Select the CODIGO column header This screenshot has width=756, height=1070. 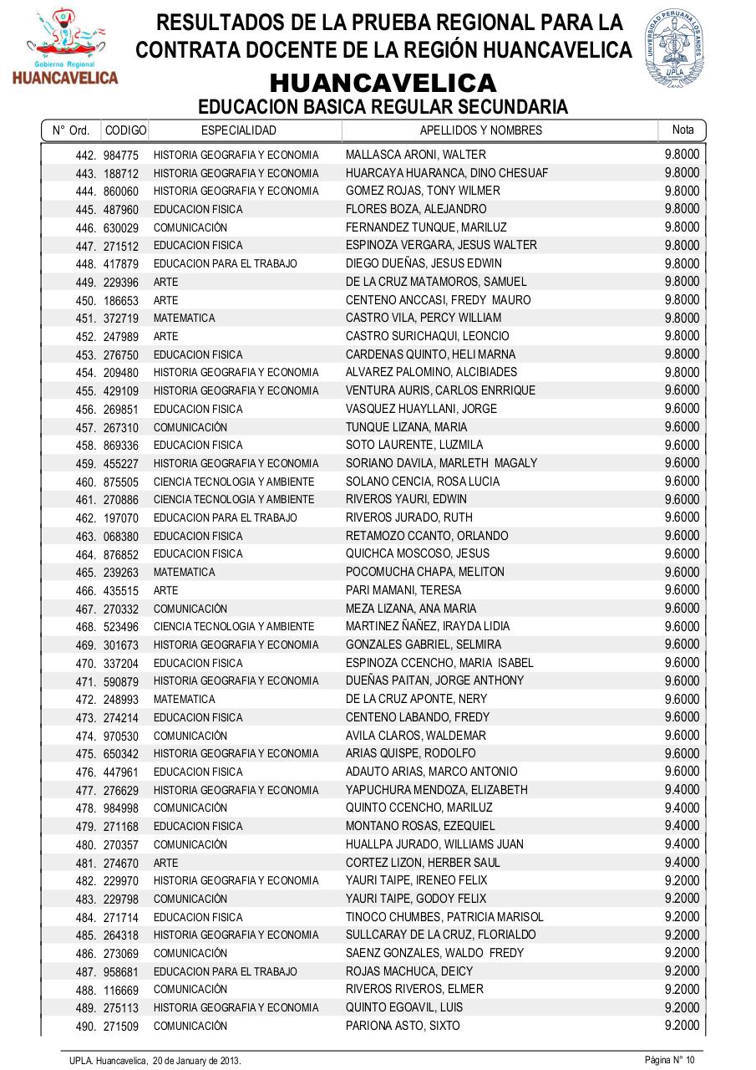pyautogui.click(x=125, y=130)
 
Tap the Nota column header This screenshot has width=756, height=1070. pyautogui.click(x=682, y=130)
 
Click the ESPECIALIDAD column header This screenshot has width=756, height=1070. pyautogui.click(x=239, y=130)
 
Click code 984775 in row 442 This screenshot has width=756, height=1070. pyautogui.click(x=121, y=155)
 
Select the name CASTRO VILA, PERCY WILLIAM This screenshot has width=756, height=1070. pyautogui.click(x=424, y=318)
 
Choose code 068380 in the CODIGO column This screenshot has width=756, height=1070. pyautogui.click(x=121, y=537)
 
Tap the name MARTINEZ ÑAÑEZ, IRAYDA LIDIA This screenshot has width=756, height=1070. pyautogui.click(x=428, y=626)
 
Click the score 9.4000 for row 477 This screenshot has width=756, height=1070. pyautogui.click(x=682, y=789)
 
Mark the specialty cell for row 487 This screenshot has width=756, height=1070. pyautogui.click(x=225, y=971)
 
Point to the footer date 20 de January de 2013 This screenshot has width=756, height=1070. pyautogui.click(x=196, y=1061)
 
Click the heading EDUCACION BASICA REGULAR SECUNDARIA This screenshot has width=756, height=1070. pyautogui.click(x=383, y=107)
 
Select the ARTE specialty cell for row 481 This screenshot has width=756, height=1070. pyautogui.click(x=165, y=863)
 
